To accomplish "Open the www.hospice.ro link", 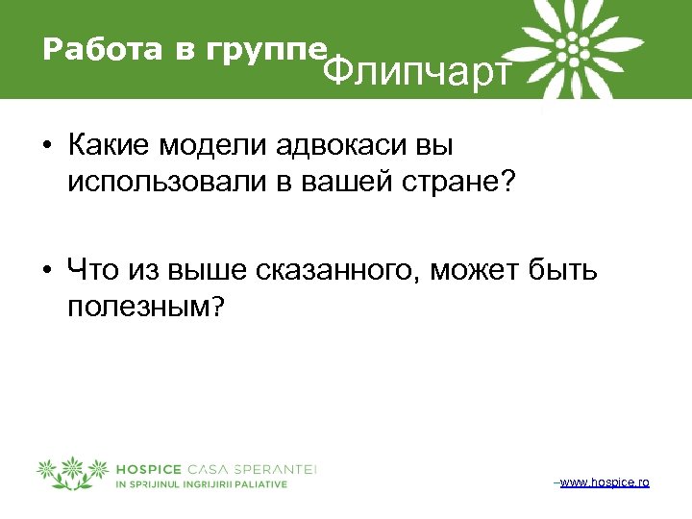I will [x=604, y=481].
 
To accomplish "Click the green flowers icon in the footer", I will [x=73, y=473].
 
